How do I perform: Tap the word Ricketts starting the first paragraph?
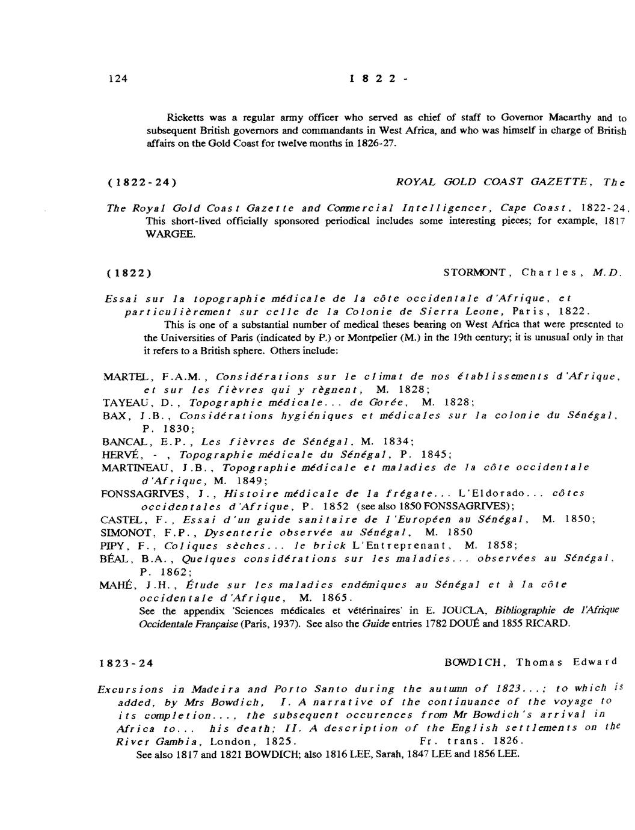coord(185,117)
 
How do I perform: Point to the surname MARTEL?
coord(125,377)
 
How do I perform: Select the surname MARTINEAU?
coord(134,467)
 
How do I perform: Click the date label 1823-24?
coord(126,664)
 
